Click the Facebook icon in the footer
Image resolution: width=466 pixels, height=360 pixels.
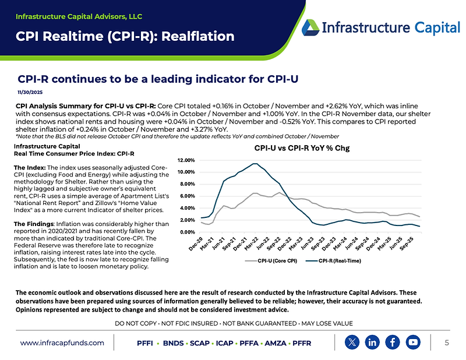pyautogui.click(x=393, y=342)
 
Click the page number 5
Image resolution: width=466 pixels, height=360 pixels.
pyautogui.click(x=446, y=343)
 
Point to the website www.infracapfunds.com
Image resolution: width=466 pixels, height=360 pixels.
pyautogui.click(x=62, y=343)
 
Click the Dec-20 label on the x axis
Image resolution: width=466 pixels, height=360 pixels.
pyautogui.click(x=196, y=243)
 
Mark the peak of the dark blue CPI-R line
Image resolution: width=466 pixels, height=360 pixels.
pyautogui.click(x=255, y=163)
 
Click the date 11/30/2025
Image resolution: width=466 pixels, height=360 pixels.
pyautogui.click(x=29, y=92)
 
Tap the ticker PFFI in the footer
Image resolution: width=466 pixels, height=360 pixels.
pyautogui.click(x=144, y=343)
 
